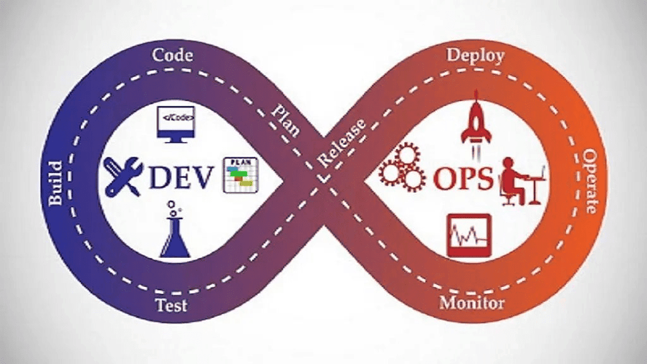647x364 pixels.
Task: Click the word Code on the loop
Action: pyautogui.click(x=172, y=55)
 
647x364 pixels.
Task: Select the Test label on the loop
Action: pyautogui.click(x=172, y=305)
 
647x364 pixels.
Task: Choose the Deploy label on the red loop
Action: pyautogui.click(x=476, y=55)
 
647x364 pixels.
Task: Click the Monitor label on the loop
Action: pyautogui.click(x=472, y=302)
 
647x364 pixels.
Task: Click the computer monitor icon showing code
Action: pyautogui.click(x=176, y=123)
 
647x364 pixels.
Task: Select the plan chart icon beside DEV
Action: pyautogui.click(x=241, y=175)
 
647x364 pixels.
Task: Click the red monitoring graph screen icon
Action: pyautogui.click(x=468, y=235)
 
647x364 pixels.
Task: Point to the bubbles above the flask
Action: pyautogui.click(x=175, y=207)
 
